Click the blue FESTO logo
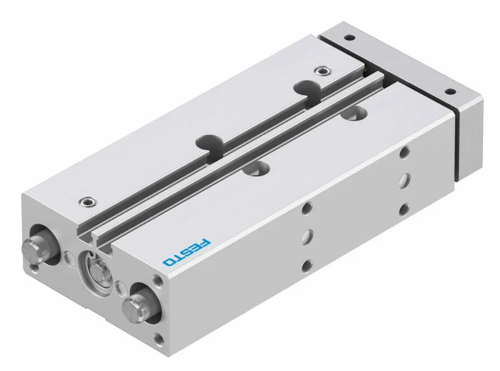point(187,252)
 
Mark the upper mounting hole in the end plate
point(350,38)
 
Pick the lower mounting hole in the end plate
point(450,92)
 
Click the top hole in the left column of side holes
point(307,208)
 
